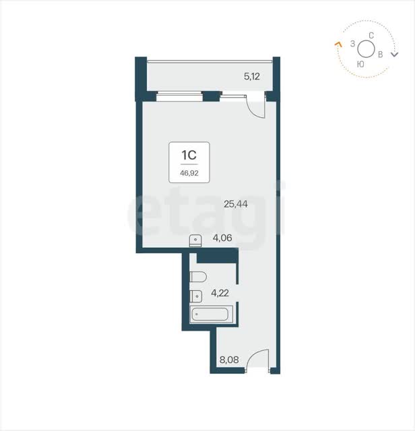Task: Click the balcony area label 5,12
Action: (252, 76)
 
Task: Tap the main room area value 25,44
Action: (236, 204)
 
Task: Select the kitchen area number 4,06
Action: (222, 238)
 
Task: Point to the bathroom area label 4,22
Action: (220, 293)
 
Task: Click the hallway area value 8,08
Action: (229, 360)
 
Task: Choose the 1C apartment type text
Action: (189, 156)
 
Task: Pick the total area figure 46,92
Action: (189, 173)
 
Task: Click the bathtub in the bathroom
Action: (210, 314)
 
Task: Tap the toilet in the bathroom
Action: (198, 277)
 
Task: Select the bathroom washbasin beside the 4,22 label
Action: (196, 296)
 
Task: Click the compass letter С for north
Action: (371, 36)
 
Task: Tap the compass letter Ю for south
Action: (360, 65)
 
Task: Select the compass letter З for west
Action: (352, 44)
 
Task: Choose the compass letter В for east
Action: (381, 55)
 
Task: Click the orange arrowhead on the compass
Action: (338, 44)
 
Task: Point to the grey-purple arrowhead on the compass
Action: (395, 55)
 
